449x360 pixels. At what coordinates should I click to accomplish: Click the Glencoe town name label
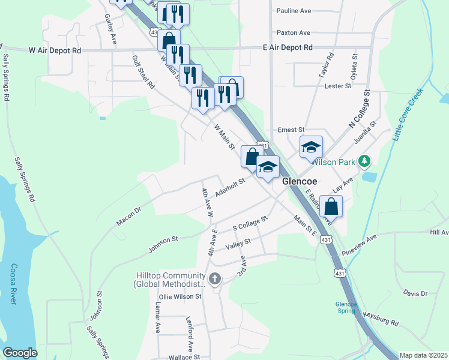[x=300, y=182]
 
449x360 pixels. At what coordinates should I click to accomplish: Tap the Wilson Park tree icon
[x=364, y=161]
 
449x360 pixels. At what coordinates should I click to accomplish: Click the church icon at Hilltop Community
[x=215, y=278]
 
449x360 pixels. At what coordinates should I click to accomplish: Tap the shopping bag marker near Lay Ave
[x=331, y=207]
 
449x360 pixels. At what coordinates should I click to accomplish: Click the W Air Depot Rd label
[x=55, y=51]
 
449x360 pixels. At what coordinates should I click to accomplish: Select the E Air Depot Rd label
[x=288, y=47]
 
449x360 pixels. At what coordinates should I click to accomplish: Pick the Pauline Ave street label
[x=294, y=11]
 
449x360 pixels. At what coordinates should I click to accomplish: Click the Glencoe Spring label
[x=346, y=307]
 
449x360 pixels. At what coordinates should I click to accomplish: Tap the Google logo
[x=20, y=353]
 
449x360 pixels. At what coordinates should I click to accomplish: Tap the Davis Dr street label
[x=415, y=293]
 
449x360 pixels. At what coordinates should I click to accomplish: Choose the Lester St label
[x=337, y=86]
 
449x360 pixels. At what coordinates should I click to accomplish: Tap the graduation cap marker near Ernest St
[x=312, y=148]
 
